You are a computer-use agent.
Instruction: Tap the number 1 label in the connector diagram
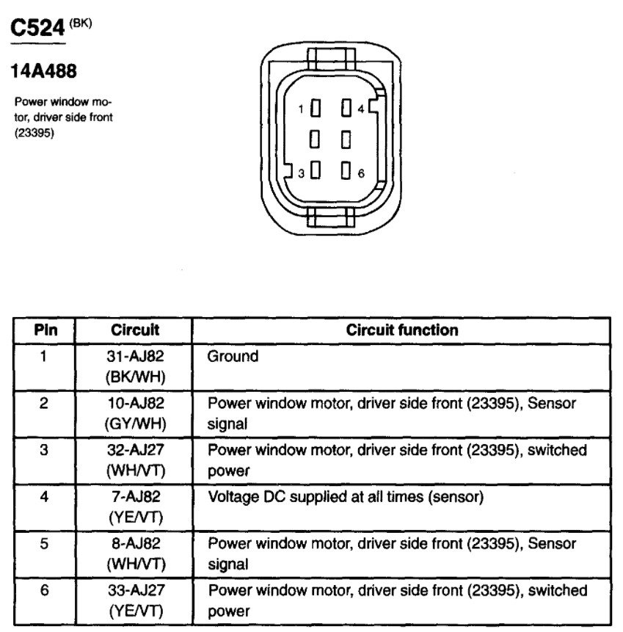pyautogui.click(x=301, y=109)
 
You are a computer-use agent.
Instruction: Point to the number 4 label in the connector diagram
pyautogui.click(x=361, y=109)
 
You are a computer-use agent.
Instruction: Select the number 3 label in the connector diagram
pyautogui.click(x=301, y=173)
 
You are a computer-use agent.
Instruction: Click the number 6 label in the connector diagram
pyautogui.click(x=361, y=173)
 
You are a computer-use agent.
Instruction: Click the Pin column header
pyautogui.click(x=43, y=330)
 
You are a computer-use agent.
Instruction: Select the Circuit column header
pyautogui.click(x=135, y=330)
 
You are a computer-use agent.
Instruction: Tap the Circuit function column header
pyautogui.click(x=401, y=330)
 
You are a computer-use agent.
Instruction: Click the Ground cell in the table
pyautogui.click(x=233, y=357)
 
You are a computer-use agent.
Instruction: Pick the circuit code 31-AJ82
pyautogui.click(x=135, y=357)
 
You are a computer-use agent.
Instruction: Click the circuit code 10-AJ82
pyautogui.click(x=135, y=404)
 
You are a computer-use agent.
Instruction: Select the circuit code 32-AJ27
pyautogui.click(x=135, y=451)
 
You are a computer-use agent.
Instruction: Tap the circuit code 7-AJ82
pyautogui.click(x=135, y=498)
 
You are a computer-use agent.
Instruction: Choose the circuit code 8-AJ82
pyautogui.click(x=135, y=544)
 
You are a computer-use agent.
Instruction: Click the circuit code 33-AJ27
pyautogui.click(x=135, y=591)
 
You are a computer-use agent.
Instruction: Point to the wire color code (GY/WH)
pyautogui.click(x=135, y=423)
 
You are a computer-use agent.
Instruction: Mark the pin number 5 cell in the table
pyautogui.click(x=43, y=544)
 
